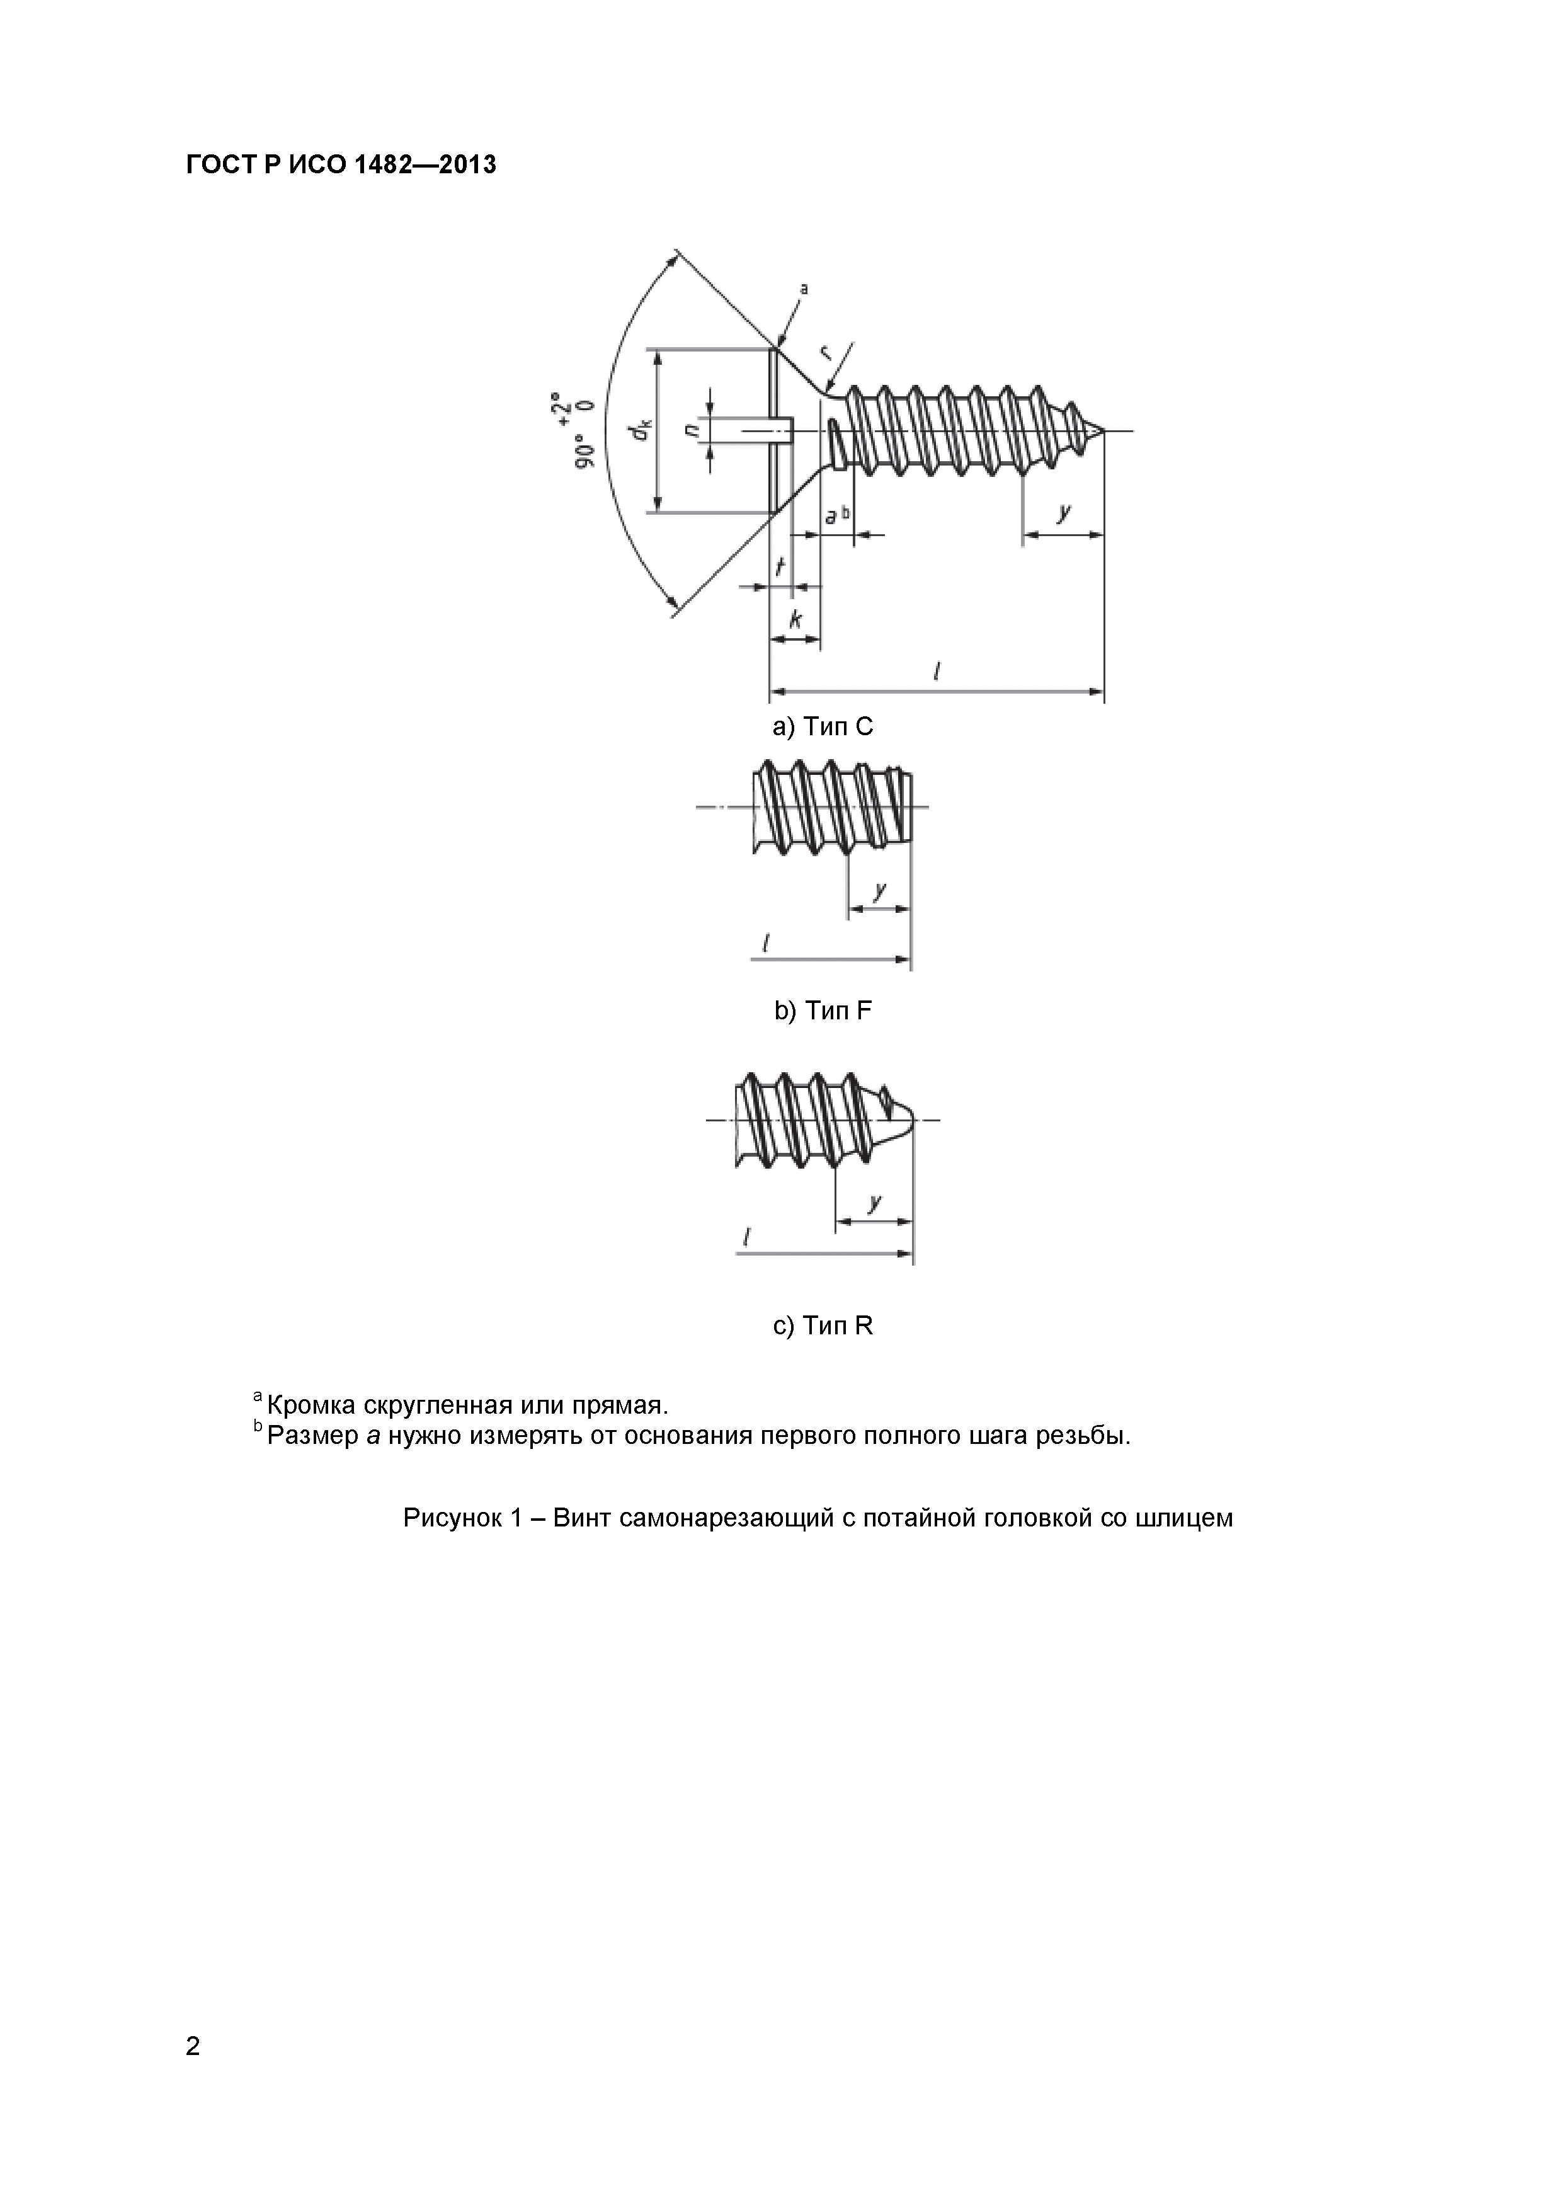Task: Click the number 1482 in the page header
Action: click(385, 166)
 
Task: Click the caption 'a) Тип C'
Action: click(823, 727)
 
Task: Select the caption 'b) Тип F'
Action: click(823, 1011)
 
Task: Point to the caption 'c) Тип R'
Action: click(823, 1326)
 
